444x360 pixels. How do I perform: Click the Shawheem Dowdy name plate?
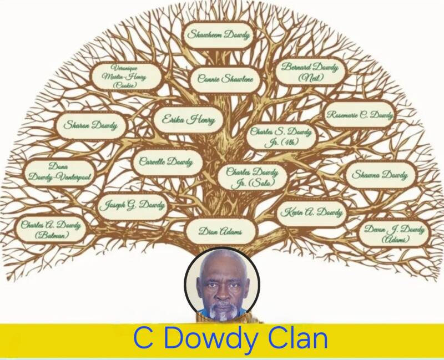tap(219, 35)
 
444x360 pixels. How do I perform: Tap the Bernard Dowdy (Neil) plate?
tap(310, 72)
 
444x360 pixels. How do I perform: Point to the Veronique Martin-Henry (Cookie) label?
tap(127, 77)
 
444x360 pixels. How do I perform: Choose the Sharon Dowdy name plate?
tap(90, 125)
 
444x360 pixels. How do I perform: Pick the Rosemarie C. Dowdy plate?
tap(360, 115)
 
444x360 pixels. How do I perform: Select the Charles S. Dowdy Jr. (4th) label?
tap(281, 136)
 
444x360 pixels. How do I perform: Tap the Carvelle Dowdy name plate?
tap(163, 162)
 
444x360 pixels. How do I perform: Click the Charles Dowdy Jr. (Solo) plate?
tap(252, 176)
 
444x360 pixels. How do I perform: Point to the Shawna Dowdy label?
tap(380, 175)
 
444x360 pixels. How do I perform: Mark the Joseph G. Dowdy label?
tap(132, 206)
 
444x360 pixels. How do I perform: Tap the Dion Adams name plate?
tap(220, 231)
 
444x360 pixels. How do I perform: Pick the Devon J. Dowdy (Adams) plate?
tap(394, 233)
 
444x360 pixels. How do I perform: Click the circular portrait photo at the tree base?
tap(222, 285)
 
